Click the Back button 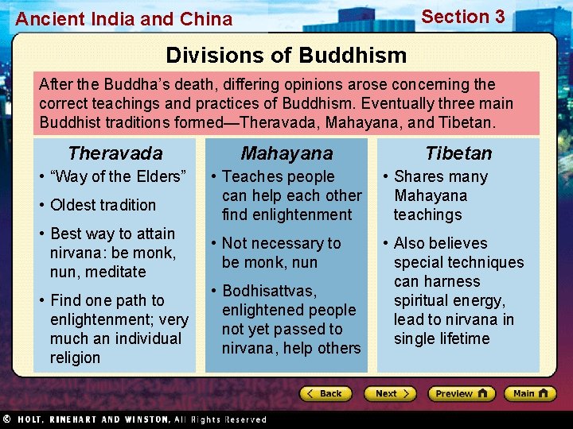pos(325,393)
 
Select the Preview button pos(461,393)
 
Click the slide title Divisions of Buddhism pos(286,56)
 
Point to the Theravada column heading pos(115,153)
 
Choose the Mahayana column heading pos(286,153)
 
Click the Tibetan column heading pos(458,153)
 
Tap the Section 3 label pos(462,17)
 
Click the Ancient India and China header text pos(124,19)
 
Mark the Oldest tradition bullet pos(103,205)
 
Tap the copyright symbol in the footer pos(6,419)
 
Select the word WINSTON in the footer pos(146,419)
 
